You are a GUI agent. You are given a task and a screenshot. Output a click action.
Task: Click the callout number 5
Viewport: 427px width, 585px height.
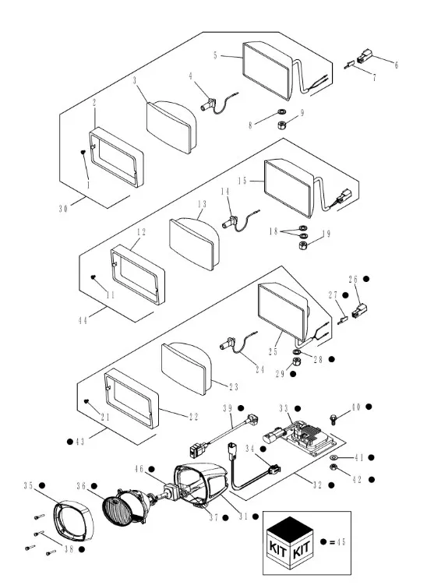pos(215,55)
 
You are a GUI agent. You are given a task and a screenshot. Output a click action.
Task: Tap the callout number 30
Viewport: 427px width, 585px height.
pos(63,209)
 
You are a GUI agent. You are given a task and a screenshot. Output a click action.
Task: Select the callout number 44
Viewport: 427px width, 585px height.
pos(83,320)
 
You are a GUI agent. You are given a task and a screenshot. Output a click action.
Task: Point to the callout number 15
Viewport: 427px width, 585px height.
pos(242,181)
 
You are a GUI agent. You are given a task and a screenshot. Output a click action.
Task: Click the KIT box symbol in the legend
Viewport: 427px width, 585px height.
pos(290,542)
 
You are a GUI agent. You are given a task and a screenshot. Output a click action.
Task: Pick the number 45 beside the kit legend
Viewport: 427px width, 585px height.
pos(341,542)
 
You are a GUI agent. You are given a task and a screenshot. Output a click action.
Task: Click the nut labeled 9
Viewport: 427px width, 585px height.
pos(282,125)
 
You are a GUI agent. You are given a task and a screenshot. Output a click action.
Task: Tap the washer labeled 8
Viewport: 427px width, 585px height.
pos(281,111)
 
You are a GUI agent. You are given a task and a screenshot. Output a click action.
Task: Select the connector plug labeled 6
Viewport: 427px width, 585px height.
pos(363,57)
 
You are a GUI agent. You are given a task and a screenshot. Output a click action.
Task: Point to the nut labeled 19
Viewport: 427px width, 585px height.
pos(303,245)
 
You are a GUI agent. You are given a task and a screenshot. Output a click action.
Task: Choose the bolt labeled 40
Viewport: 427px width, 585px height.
pos(333,419)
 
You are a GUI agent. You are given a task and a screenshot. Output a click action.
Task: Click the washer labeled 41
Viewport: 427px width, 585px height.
pos(334,457)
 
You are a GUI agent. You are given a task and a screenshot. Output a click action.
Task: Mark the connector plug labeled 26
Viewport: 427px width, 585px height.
pos(359,310)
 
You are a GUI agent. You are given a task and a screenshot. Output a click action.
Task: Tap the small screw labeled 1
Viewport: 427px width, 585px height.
pos(83,152)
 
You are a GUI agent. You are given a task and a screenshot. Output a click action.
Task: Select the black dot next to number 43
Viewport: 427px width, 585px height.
pos(70,442)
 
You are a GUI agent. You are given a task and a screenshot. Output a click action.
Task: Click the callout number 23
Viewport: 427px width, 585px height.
pos(234,387)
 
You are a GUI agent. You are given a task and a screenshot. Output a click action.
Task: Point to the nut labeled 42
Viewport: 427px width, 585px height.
pos(333,467)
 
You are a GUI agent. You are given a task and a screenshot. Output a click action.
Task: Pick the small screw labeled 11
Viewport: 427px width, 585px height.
pos(94,277)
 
